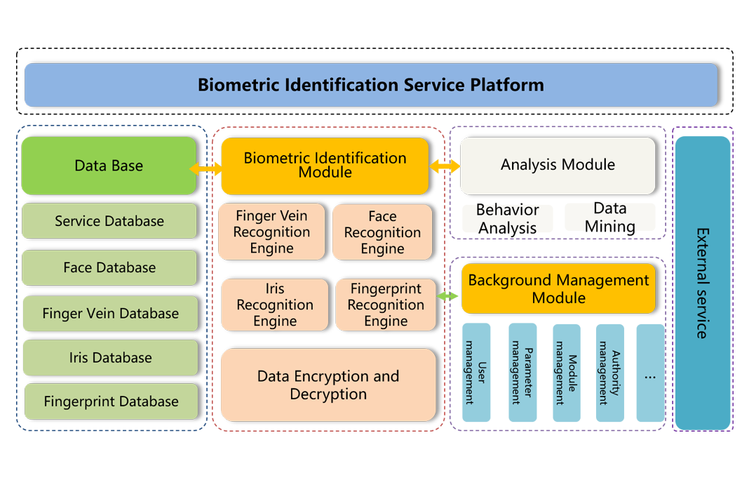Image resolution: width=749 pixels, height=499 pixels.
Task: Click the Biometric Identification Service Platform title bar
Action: [370, 85]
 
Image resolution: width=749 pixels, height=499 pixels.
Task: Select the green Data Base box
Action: [109, 166]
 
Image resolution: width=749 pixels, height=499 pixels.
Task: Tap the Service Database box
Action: [109, 221]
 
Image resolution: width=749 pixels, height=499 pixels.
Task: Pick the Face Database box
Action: [109, 267]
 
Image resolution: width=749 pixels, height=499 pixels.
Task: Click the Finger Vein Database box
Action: [110, 314]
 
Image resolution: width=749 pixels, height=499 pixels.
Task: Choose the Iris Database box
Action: [110, 358]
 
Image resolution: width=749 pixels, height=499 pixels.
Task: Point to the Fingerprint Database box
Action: [111, 401]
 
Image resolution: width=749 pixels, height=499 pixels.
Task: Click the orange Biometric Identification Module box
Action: [325, 166]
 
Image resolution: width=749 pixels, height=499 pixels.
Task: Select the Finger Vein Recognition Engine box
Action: [272, 232]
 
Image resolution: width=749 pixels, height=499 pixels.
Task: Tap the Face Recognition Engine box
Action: [382, 232]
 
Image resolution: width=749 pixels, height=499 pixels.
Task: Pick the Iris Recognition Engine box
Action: [274, 305]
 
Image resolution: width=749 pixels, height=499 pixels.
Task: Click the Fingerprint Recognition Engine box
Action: [385, 305]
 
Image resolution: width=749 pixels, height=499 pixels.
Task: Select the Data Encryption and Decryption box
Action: [328, 385]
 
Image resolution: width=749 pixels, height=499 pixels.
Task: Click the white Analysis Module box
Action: [558, 165]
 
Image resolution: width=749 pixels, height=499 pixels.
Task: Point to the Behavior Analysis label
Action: [507, 218]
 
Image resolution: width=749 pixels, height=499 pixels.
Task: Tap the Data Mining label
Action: [609, 218]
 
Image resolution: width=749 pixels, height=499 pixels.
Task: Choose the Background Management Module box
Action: [558, 288]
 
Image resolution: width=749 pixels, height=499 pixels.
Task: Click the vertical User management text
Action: [475, 373]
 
